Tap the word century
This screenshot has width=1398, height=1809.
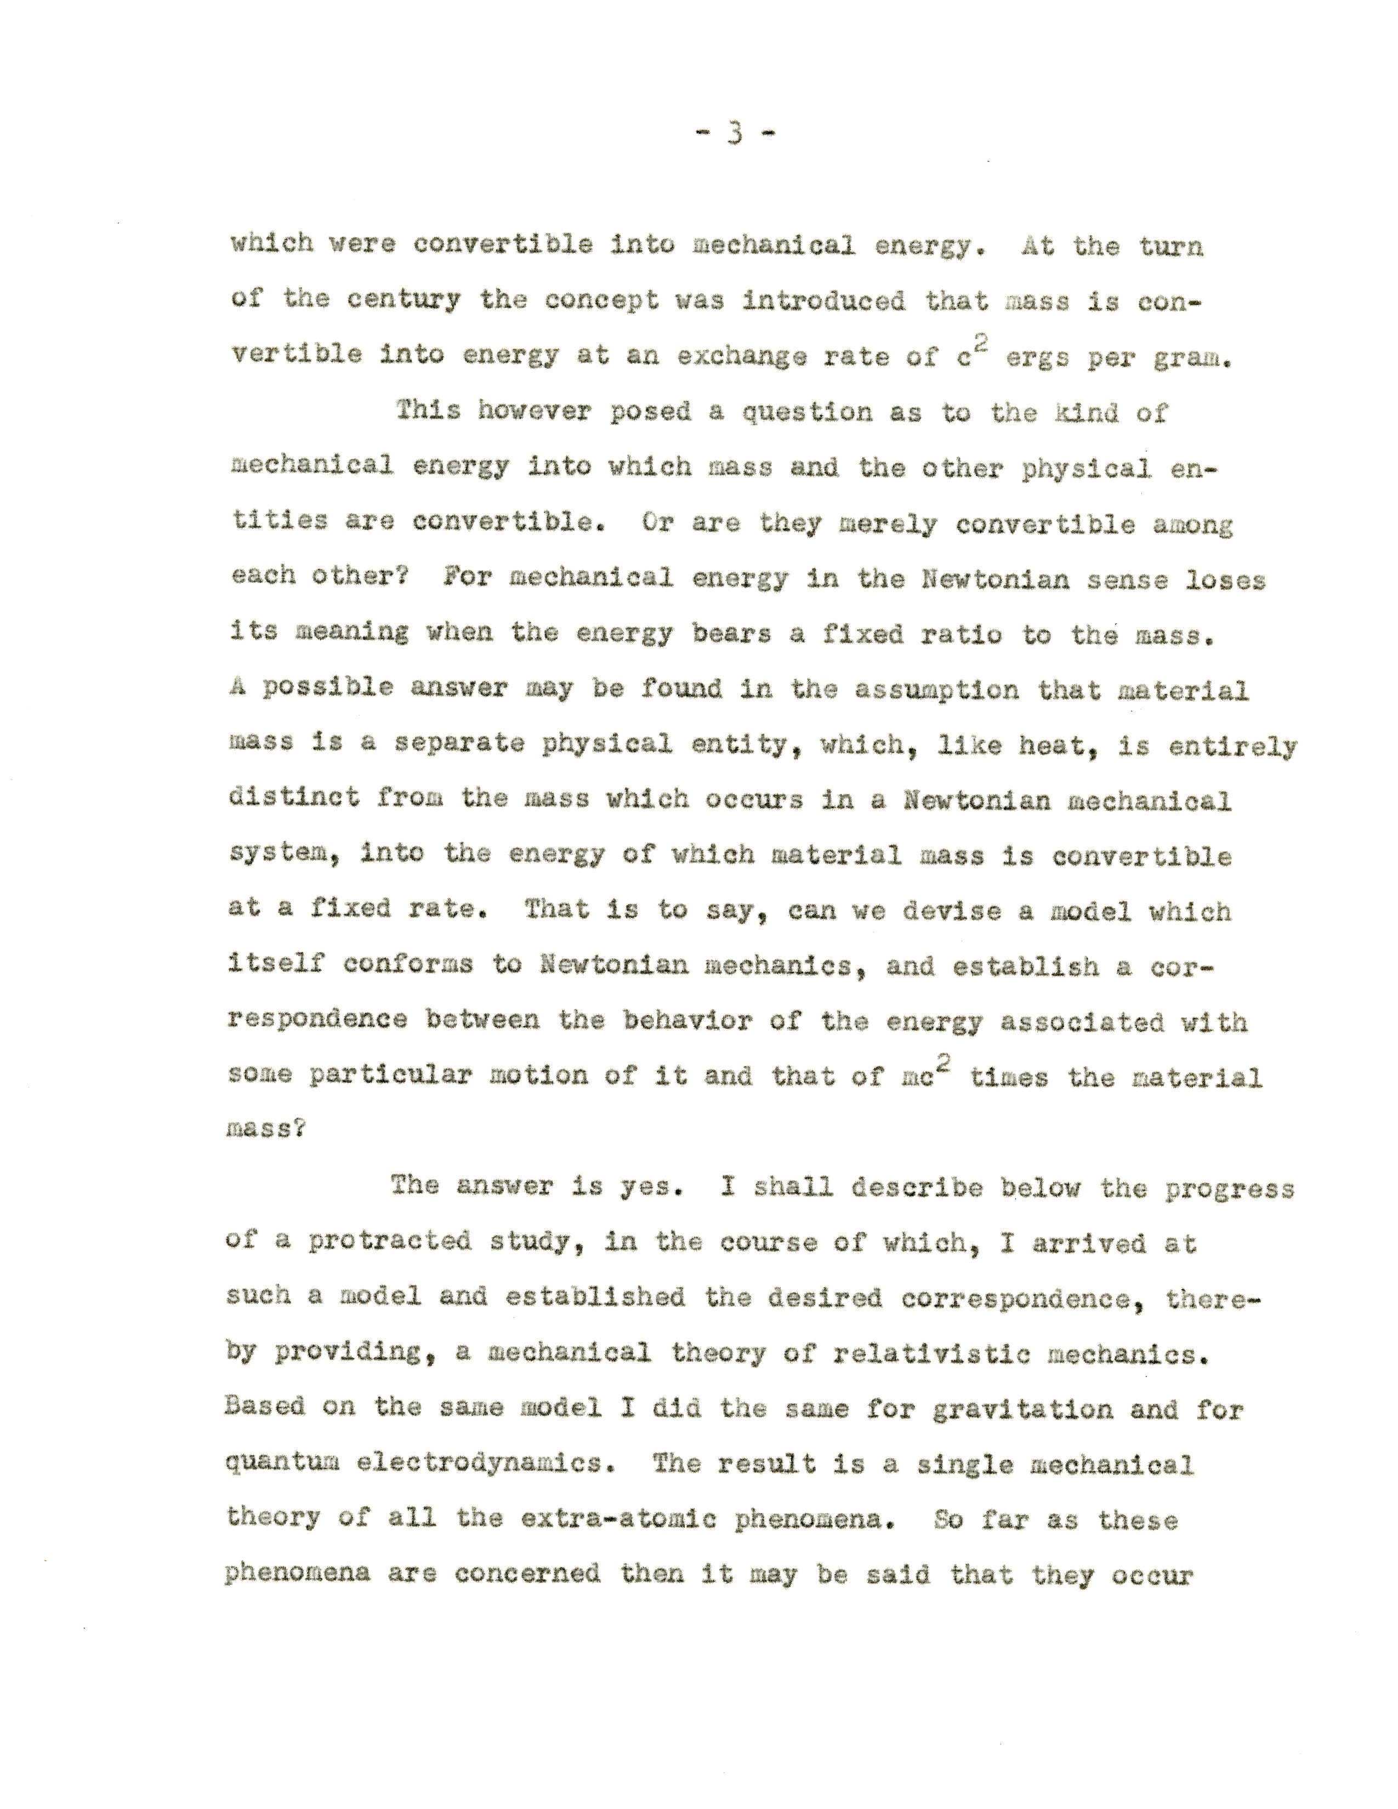(404, 300)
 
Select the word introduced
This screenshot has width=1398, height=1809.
(823, 300)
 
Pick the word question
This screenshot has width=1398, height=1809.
(806, 412)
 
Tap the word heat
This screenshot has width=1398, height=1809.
(1054, 746)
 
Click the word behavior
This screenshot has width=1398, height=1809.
(687, 1021)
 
